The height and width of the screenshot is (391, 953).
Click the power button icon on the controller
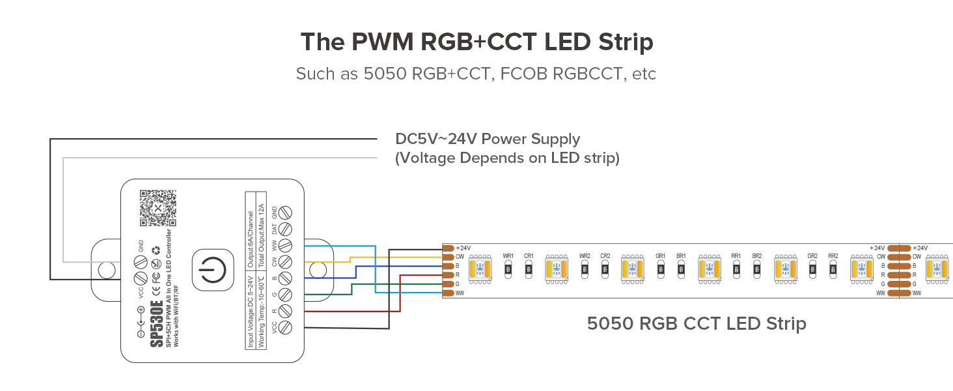[212, 269]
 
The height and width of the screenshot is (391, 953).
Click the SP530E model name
[157, 324]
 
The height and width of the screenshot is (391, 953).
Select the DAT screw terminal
[285, 229]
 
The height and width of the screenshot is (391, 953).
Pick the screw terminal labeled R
[285, 310]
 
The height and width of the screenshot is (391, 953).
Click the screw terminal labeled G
[285, 294]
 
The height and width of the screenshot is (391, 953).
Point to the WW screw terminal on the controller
[285, 245]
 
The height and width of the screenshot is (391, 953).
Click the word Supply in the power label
[553, 139]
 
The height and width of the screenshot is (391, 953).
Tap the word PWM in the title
[380, 42]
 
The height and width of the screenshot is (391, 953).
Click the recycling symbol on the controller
[156, 250]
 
